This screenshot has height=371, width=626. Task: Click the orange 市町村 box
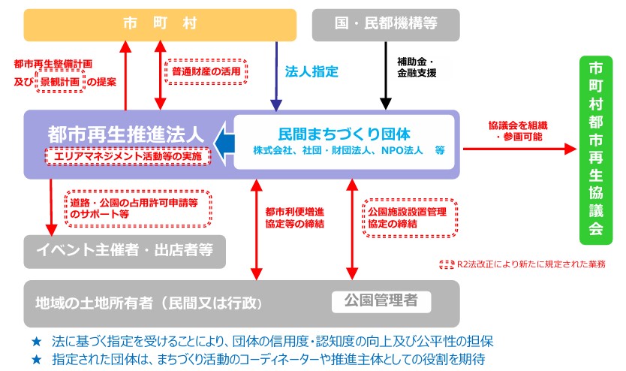coord(159,24)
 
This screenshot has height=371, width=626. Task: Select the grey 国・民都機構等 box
coord(385,24)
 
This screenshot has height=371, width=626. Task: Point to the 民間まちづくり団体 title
coord(344,134)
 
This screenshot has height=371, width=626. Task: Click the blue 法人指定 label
coord(311,72)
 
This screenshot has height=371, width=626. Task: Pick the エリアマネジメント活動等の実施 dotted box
coord(127,155)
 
